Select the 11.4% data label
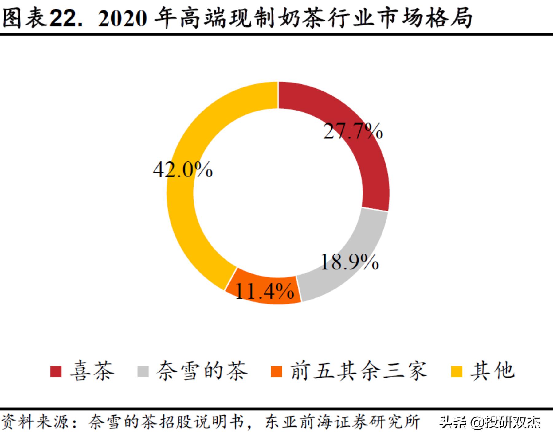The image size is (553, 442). tap(264, 291)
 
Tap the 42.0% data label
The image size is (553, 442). tap(183, 170)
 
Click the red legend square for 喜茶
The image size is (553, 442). tap(56, 371)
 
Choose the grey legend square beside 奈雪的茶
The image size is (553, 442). tap(143, 371)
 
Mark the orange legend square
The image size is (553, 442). tap(276, 371)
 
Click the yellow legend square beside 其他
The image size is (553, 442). tap(456, 371)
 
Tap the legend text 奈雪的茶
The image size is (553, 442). tap(202, 371)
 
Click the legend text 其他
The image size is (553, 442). tap(492, 371)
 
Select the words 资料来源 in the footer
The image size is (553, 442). tap(35, 422)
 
